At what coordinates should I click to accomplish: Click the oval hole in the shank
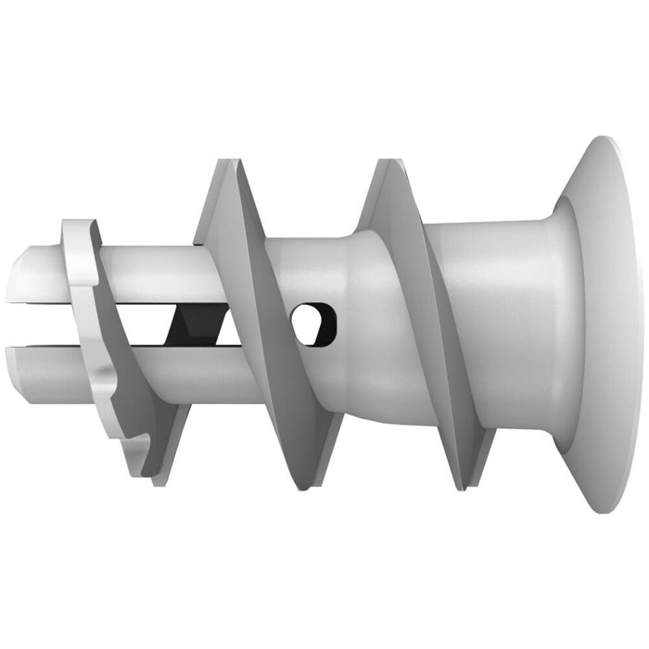312,324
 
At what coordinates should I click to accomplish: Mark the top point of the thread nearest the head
384,165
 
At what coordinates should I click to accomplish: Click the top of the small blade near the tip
80,225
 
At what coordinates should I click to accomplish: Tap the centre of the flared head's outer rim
612,324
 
